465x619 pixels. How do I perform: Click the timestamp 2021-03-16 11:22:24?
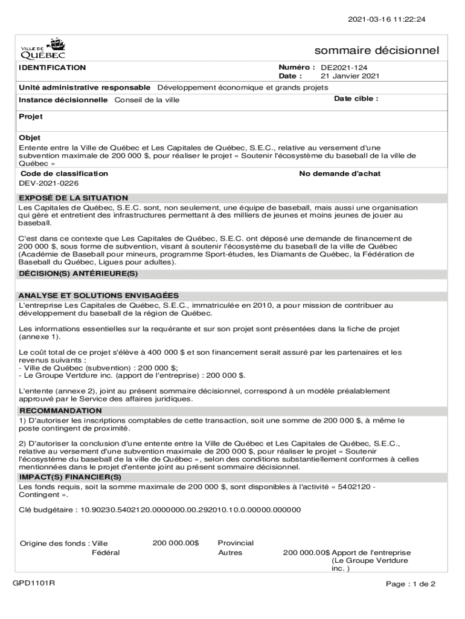pos(391,19)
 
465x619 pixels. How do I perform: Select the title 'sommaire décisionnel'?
pos(377,50)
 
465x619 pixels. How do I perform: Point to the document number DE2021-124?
pos(344,68)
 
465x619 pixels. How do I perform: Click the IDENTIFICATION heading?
pos(52,68)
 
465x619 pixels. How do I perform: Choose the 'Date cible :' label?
pos(356,99)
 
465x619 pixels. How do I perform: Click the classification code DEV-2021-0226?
pos(49,183)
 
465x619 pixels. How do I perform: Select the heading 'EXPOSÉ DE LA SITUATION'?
pos(73,198)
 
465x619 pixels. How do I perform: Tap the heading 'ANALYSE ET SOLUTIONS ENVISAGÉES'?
pos(98,296)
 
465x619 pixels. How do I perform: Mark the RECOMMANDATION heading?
pos(60,410)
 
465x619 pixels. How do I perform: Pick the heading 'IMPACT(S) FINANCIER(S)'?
pos(70,477)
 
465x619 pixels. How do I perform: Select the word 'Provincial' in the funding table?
pos(236,543)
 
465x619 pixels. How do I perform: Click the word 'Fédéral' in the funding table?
pos(106,553)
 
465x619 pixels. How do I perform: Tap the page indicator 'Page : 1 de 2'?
pos(411,584)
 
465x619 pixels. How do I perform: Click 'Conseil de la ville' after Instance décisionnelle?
pos(147,100)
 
